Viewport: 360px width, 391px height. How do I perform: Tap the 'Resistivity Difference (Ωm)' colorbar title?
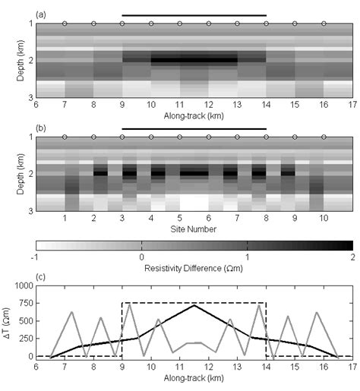(194, 267)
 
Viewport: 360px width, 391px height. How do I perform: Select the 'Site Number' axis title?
(194, 229)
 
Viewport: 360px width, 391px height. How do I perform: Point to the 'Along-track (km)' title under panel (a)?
(194, 115)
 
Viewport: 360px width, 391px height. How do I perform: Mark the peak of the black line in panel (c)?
(194, 305)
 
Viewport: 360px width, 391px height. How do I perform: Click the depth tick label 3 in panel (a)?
(30, 97)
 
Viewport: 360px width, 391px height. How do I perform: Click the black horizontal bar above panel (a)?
(194, 15)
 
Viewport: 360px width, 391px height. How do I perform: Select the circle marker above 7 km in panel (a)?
(65, 24)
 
